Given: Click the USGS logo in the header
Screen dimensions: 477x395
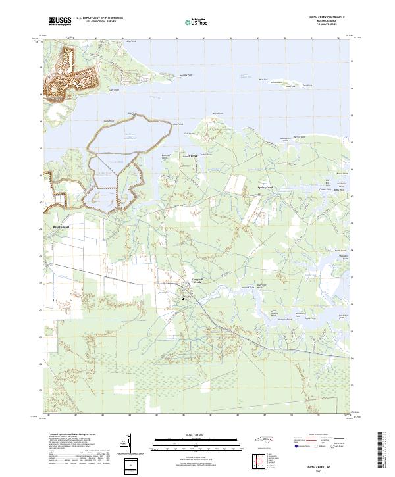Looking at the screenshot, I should (61, 21).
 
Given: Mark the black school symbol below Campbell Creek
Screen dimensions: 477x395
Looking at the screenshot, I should (183, 299).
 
